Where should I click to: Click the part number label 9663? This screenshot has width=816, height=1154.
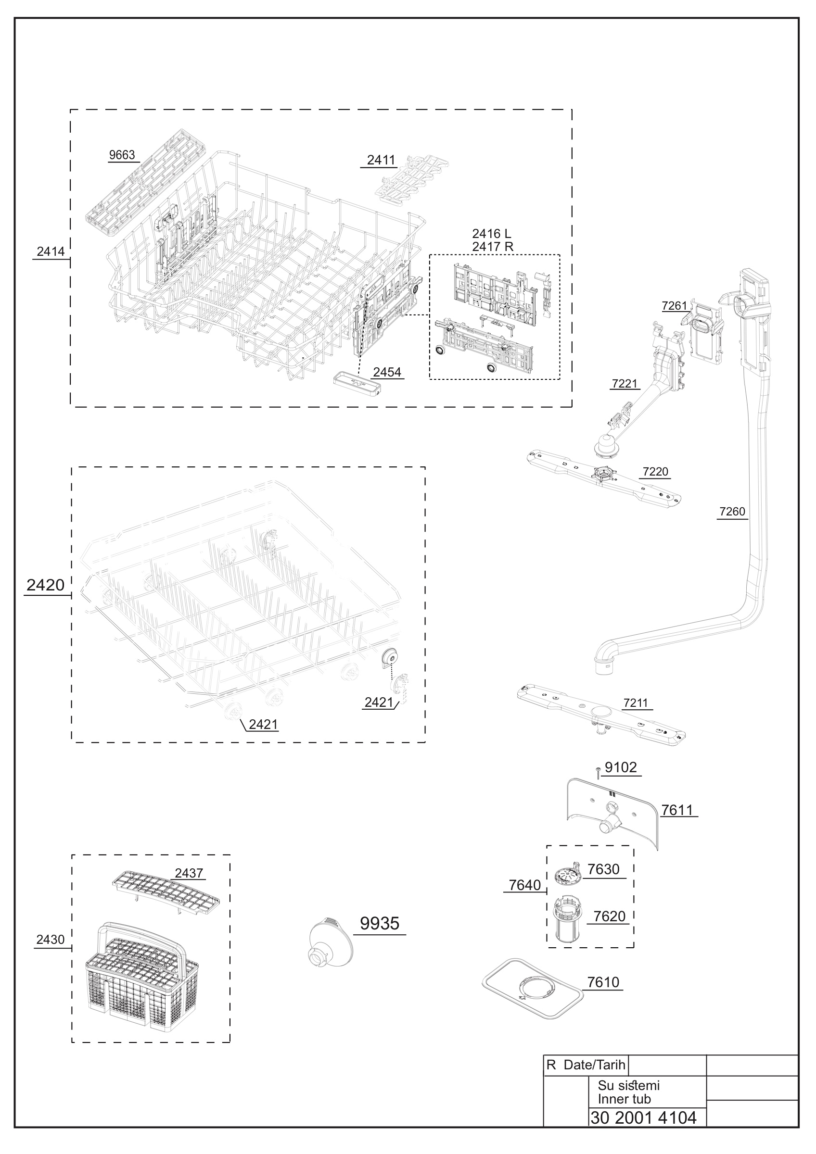[122, 155]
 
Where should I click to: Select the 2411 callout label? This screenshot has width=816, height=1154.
[381, 160]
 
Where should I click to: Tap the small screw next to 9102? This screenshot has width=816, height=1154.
[597, 773]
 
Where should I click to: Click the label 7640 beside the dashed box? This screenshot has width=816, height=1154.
[525, 885]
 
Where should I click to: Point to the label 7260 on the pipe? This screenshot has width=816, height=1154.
[732, 512]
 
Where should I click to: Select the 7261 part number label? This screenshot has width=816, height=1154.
[674, 306]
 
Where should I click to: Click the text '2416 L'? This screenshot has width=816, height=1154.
[491, 233]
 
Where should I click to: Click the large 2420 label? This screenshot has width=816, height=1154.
[45, 585]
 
